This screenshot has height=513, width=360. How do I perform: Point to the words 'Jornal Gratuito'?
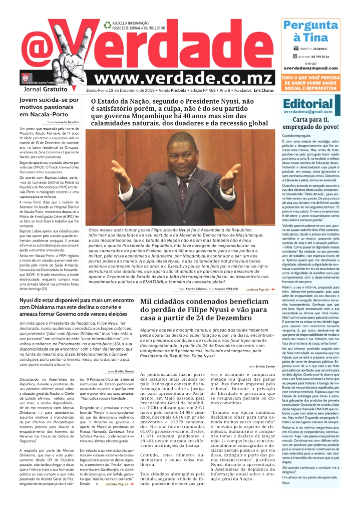tap(45, 89)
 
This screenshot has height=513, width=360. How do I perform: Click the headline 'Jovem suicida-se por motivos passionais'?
tap(49, 107)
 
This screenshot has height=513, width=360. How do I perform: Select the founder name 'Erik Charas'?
tap(263, 91)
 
